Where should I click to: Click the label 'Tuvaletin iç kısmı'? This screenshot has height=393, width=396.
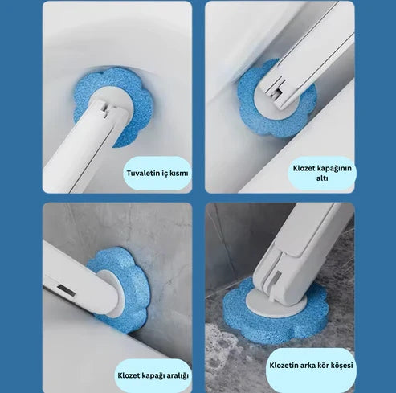click(157, 173)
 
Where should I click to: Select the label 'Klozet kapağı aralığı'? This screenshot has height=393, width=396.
click(153, 374)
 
